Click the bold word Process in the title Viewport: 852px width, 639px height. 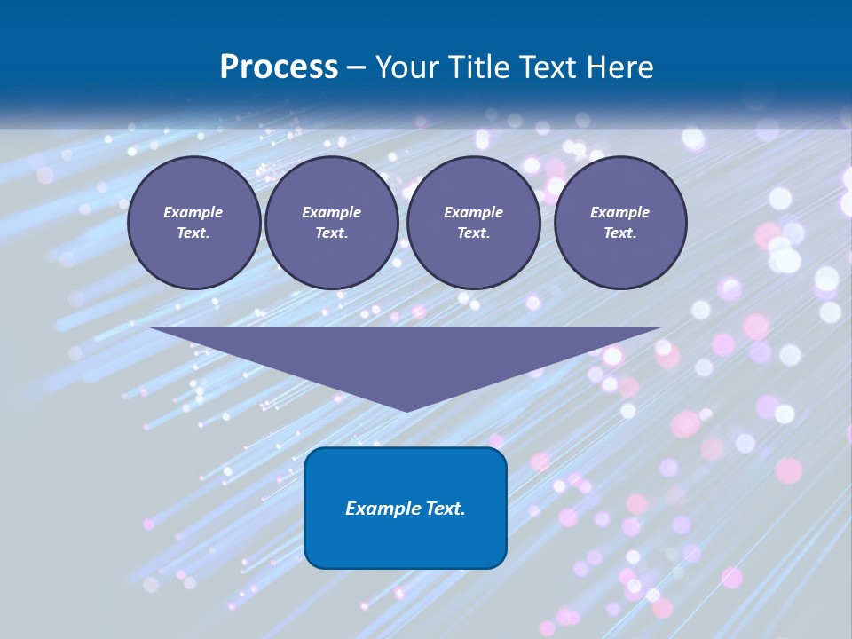tap(279, 67)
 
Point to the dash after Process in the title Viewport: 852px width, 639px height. tap(357, 67)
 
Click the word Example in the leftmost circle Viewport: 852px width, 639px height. tap(193, 212)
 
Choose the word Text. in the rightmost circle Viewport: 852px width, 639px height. tap(619, 233)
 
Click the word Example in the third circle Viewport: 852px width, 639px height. tap(473, 212)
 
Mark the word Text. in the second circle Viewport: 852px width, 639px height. tap(331, 233)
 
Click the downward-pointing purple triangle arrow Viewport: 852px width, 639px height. tap(406, 355)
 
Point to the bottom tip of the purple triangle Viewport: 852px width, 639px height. tap(406, 409)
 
